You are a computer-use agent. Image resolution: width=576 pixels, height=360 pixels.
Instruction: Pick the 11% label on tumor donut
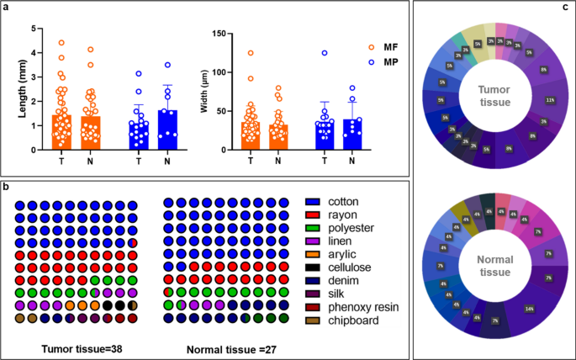coord(549,100)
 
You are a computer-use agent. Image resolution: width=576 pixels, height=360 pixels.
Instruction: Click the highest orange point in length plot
coord(37,42)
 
